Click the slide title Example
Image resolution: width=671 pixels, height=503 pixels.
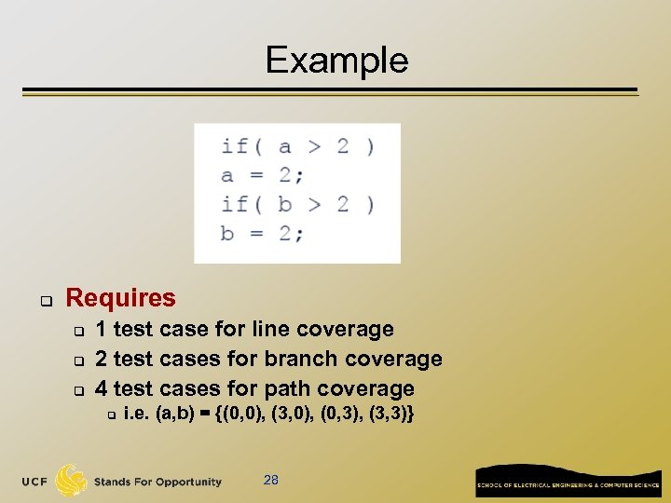click(336, 60)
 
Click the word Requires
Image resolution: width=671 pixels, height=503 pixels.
click(120, 298)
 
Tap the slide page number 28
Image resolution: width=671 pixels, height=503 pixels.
click(271, 480)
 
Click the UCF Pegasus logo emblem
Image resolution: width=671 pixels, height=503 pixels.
click(71, 481)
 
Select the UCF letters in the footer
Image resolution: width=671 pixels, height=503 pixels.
click(35, 482)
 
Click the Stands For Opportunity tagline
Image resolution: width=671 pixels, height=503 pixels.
click(157, 482)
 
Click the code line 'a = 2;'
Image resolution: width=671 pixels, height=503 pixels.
click(262, 174)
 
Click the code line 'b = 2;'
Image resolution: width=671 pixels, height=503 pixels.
click(262, 232)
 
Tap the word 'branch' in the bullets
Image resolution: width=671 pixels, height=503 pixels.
click(301, 359)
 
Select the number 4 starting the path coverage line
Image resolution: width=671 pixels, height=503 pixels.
click(101, 388)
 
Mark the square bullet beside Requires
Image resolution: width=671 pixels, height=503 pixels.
click(43, 300)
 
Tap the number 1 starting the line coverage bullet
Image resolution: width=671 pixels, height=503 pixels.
click(101, 329)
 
